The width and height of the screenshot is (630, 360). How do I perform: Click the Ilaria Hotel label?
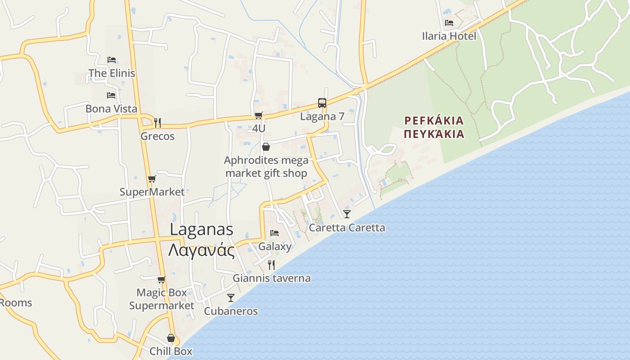449,36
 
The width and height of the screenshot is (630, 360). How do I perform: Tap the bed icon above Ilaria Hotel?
449,22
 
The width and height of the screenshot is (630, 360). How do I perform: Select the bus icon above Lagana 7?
322,103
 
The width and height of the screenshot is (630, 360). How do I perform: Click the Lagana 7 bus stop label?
322,117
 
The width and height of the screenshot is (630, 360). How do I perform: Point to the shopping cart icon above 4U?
258,116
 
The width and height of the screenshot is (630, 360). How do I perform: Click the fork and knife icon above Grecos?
157,122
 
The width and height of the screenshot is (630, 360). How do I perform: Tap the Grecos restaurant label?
157,136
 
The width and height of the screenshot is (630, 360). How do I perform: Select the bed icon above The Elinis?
112,59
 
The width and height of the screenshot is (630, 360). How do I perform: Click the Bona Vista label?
111,109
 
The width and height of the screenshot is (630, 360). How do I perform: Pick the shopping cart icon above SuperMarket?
152,179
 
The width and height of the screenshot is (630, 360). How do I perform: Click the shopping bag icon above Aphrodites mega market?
266,147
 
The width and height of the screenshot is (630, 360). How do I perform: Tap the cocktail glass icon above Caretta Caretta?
347,214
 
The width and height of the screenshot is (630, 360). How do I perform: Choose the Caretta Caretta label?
347,228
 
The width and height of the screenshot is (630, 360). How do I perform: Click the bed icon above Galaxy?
274,233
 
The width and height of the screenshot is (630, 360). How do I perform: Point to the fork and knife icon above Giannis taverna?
271,265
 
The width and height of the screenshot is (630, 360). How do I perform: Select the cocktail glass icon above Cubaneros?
231,297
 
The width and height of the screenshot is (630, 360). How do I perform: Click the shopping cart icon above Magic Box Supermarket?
162,279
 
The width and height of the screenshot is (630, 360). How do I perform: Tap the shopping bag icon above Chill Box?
171,337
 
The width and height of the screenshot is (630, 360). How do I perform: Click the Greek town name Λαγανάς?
202,250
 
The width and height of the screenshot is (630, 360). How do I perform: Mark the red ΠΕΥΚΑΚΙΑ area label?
434,134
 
